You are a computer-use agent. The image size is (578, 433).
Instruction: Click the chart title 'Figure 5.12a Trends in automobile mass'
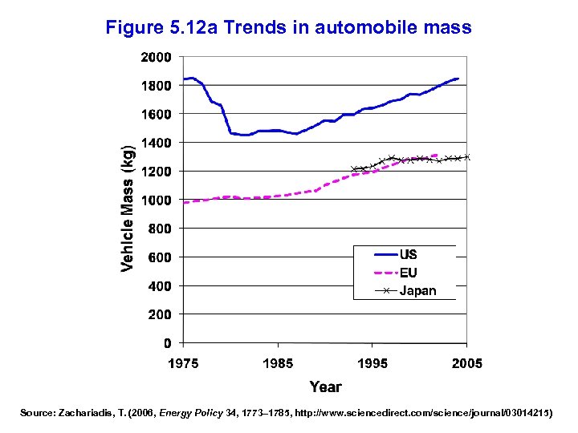pyautogui.click(x=288, y=28)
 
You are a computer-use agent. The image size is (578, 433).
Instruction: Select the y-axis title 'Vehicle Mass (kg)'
pyautogui.click(x=128, y=208)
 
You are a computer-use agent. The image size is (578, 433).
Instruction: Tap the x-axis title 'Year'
pyautogui.click(x=325, y=386)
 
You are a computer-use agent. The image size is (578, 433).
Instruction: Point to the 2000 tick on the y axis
pyautogui.click(x=156, y=57)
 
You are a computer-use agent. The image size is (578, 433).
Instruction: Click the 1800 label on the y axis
pyautogui.click(x=156, y=86)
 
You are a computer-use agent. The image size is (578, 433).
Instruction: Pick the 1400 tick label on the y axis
pyautogui.click(x=156, y=143)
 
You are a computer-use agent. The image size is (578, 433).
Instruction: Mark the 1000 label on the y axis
pyautogui.click(x=156, y=200)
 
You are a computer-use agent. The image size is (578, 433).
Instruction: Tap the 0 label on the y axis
pyautogui.click(x=167, y=343)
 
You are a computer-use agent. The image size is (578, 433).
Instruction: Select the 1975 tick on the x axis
pyautogui.click(x=183, y=363)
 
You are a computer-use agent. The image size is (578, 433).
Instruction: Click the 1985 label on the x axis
pyautogui.click(x=278, y=363)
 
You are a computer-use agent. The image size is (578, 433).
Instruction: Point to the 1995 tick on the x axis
pyautogui.click(x=372, y=363)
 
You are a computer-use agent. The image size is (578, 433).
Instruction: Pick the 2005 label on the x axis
pyautogui.click(x=467, y=363)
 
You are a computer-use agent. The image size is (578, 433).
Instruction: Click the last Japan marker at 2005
pyautogui.click(x=467, y=157)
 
